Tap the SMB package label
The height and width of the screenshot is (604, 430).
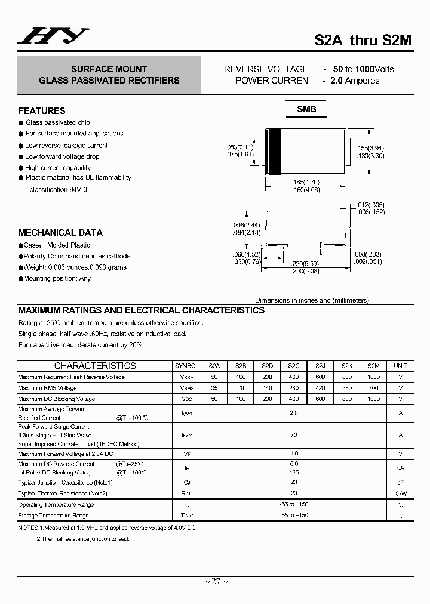pos(306,109)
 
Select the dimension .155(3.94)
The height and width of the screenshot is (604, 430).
pos(371,147)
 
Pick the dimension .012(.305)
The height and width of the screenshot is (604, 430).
pos(368,205)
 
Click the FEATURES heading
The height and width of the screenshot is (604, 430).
pos(42,110)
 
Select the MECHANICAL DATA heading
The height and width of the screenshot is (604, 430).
pos(60,233)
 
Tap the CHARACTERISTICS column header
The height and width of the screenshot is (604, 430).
pos(95,366)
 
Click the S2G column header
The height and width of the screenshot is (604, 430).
pos(294,366)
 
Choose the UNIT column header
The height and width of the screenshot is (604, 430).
pos(400,366)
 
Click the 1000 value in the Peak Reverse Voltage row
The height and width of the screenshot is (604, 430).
pos(373,377)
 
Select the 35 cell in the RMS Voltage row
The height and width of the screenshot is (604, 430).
pos(214,388)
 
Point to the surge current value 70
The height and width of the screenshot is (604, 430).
pos(294,435)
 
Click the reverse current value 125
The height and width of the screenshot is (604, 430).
pos(294,472)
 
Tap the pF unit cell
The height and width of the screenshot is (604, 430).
pos(400,482)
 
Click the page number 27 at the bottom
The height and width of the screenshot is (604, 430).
pos(215,581)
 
